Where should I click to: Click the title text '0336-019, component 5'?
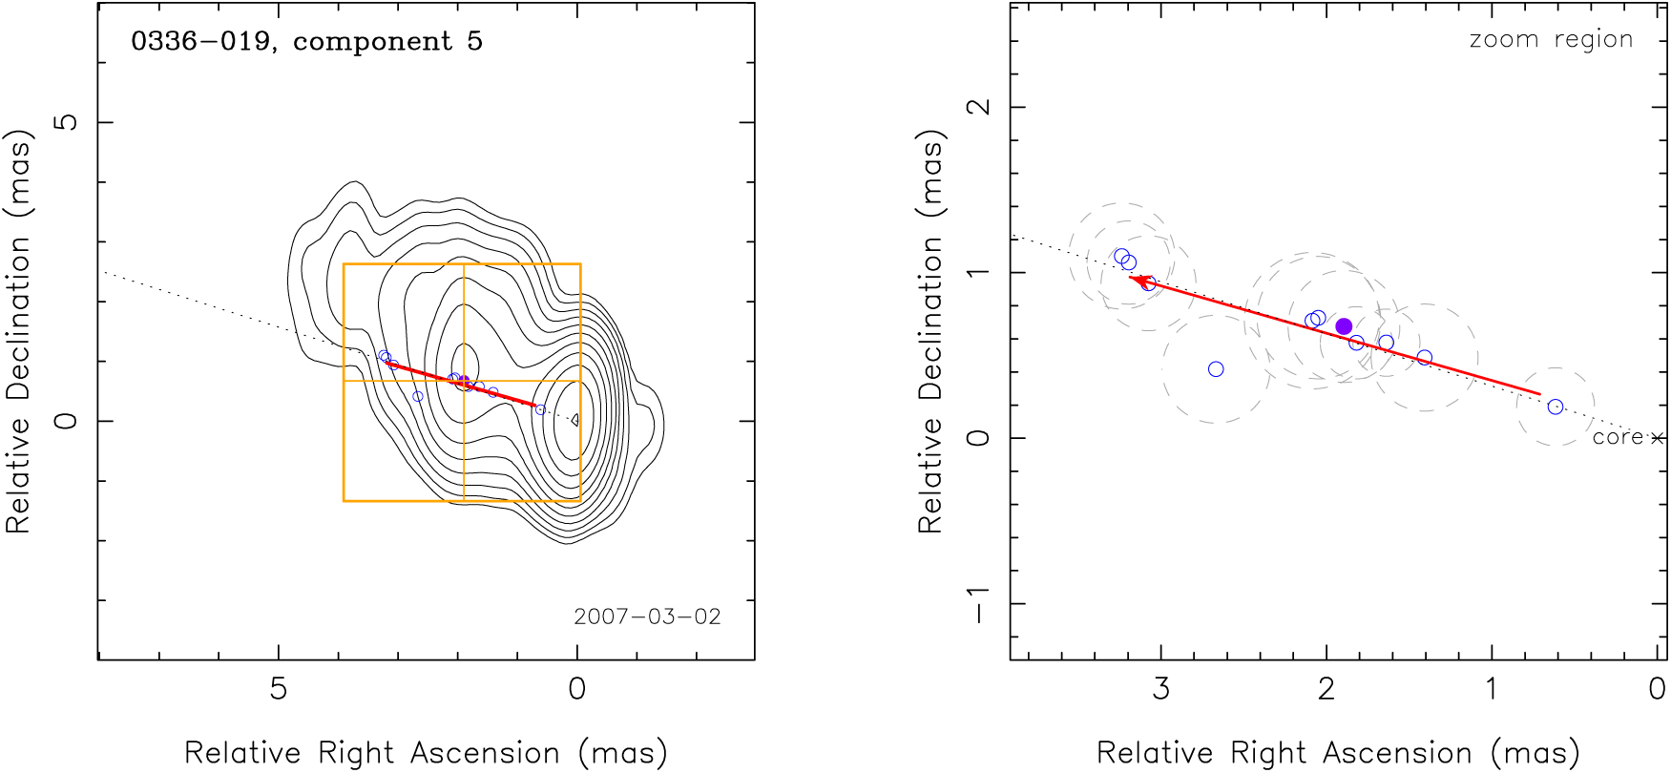(306, 42)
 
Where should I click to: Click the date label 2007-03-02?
(647, 616)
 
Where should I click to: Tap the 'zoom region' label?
(1551, 40)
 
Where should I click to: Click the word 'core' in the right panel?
(1618, 437)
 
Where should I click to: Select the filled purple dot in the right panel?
(1344, 326)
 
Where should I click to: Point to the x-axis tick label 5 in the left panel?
(278, 689)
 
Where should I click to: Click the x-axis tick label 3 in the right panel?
(1161, 689)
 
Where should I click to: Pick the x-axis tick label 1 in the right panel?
(1492, 689)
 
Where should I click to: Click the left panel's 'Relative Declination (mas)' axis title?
(19, 330)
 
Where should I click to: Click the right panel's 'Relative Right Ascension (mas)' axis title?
(1338, 753)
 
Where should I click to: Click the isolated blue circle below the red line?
(1216, 369)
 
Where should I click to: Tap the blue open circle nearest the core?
(1556, 407)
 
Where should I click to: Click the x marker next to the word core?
(1657, 438)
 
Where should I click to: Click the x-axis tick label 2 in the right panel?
(1326, 689)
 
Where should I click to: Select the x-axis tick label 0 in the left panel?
(576, 689)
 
